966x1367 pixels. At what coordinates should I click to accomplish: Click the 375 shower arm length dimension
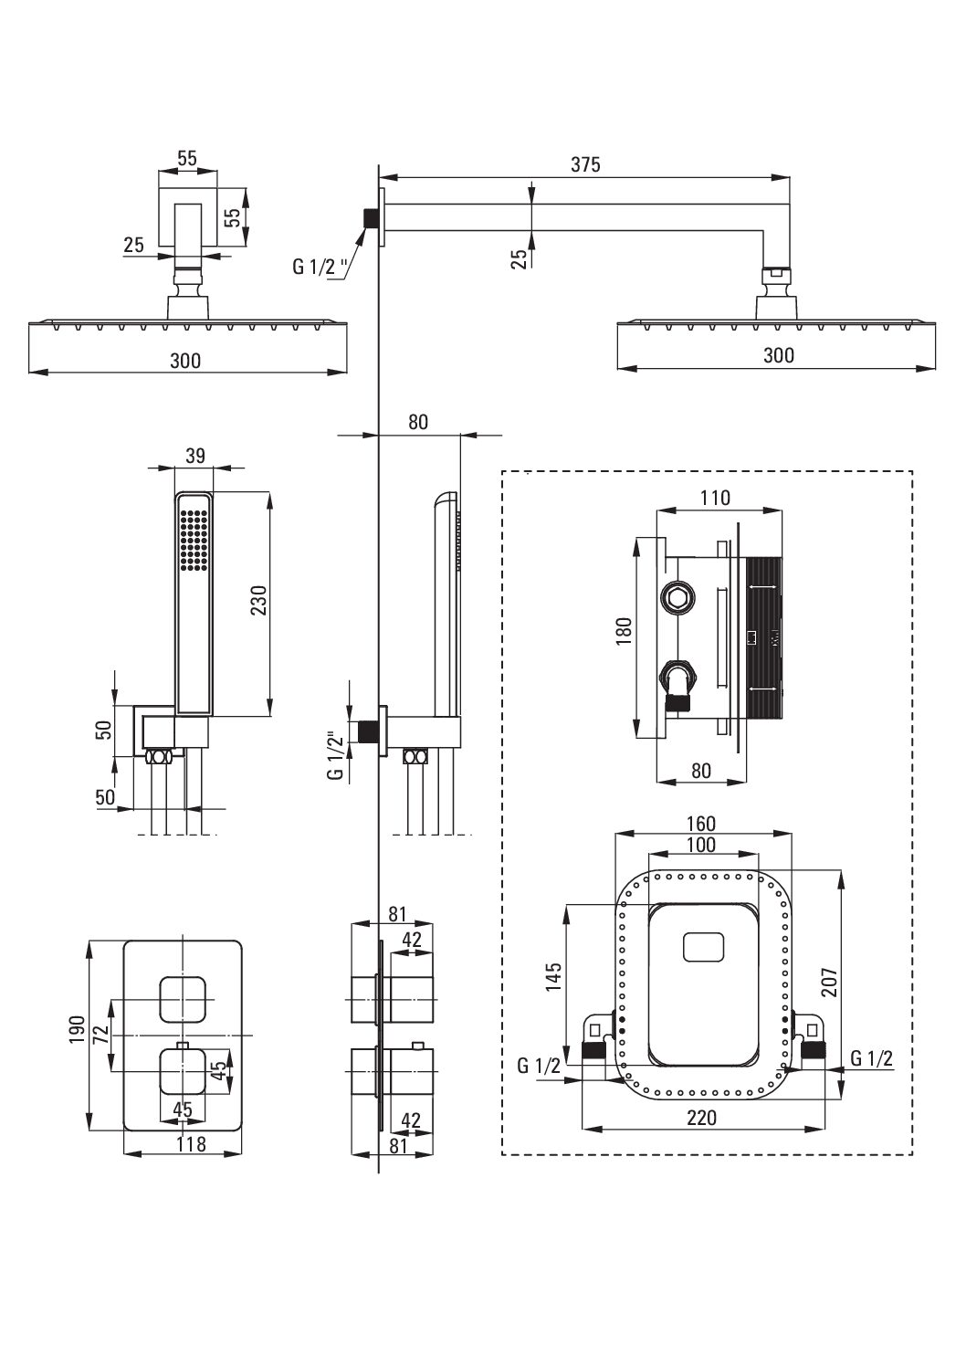click(585, 164)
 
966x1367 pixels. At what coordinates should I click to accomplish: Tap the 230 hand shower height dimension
click(258, 600)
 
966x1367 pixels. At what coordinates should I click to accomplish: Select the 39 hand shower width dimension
click(194, 456)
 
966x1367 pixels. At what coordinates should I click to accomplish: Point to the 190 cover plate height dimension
click(77, 1029)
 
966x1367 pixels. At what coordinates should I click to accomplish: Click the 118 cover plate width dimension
click(191, 1143)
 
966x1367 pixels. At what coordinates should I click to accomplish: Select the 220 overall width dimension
click(701, 1118)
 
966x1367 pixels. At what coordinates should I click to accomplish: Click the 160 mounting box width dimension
click(700, 824)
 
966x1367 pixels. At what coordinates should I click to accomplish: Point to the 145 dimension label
click(553, 976)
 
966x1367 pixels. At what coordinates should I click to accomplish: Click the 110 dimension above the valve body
click(715, 498)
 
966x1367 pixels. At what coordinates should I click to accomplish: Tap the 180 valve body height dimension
click(624, 632)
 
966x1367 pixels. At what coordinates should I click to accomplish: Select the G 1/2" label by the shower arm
click(320, 267)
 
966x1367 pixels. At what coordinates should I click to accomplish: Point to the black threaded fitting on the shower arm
click(370, 218)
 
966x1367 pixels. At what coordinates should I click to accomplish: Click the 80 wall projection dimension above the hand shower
click(418, 422)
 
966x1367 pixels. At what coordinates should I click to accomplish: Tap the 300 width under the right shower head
click(779, 355)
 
